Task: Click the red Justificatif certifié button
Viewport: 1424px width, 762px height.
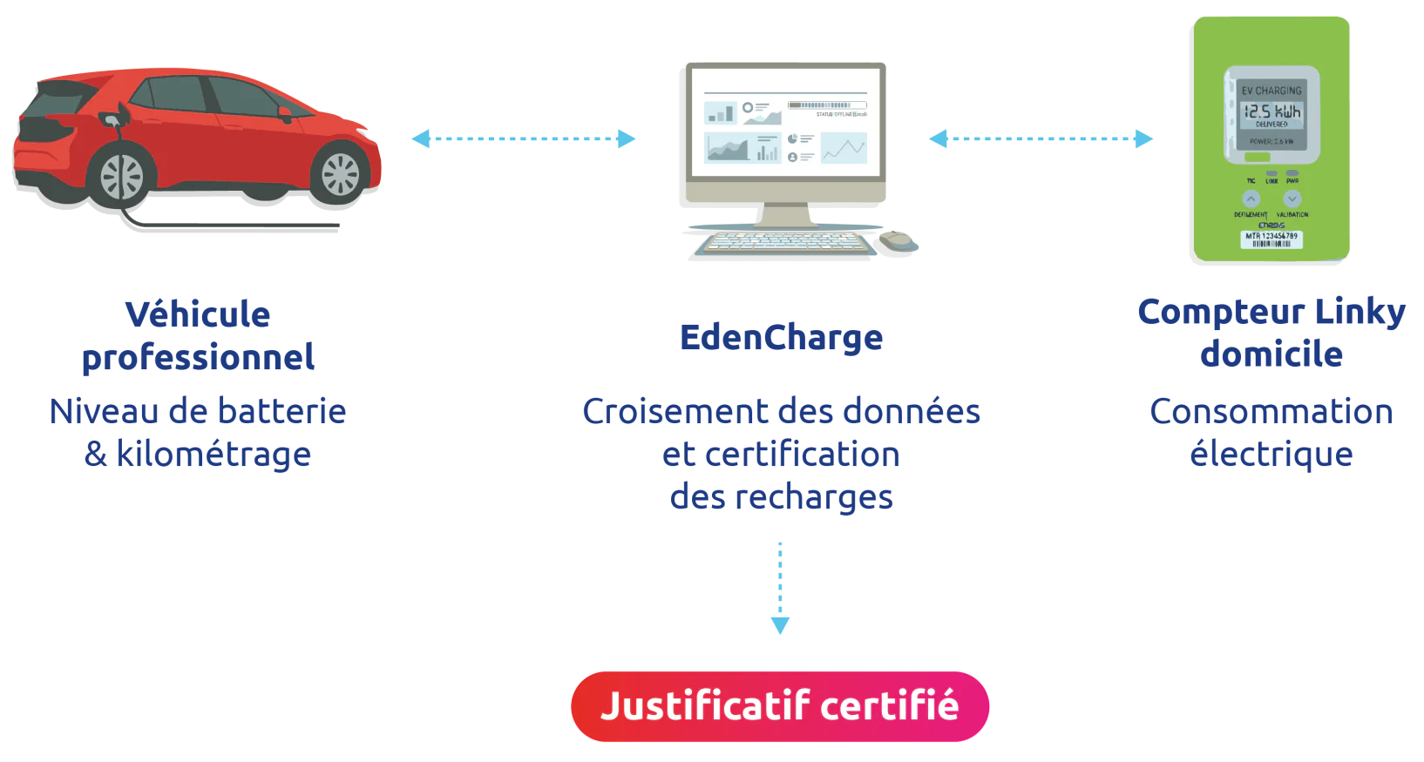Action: [780, 706]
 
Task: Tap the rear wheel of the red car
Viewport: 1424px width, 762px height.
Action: [121, 177]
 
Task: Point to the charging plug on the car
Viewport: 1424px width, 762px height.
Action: [112, 117]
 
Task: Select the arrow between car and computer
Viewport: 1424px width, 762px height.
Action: [524, 138]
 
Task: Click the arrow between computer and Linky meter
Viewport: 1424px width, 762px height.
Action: [1041, 138]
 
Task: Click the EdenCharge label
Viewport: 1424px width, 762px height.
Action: [781, 338]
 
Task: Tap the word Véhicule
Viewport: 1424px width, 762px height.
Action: [198, 314]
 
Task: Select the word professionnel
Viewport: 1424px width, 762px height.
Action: [198, 358]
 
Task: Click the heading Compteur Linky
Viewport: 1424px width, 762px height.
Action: [1271, 312]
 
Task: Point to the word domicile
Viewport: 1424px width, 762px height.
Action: [1271, 354]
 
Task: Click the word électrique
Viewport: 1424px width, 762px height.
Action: [1271, 455]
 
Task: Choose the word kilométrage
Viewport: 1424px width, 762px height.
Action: [214, 455]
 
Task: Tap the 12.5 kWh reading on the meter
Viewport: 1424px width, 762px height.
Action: [1271, 111]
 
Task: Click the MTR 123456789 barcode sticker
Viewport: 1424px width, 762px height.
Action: [1271, 239]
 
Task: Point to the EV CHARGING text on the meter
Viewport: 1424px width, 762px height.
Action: [1271, 91]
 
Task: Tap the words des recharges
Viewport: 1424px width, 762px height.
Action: [781, 498]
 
